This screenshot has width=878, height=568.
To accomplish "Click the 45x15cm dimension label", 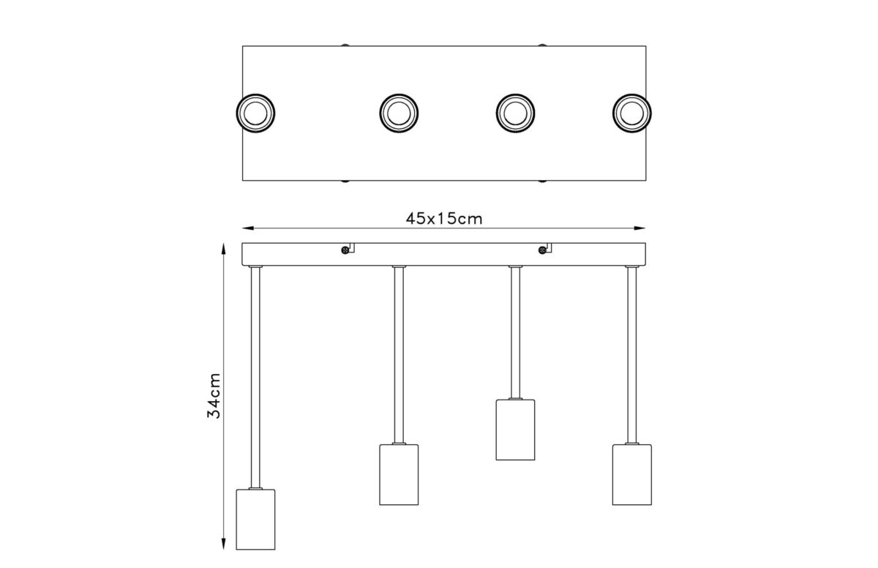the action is point(443,219).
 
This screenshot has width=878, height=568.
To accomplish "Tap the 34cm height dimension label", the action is point(214,395).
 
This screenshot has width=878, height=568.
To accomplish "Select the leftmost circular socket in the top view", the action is point(255,113).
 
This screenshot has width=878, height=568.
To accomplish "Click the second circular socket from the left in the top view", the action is point(399,113).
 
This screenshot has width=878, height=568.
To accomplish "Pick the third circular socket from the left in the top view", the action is point(515,113).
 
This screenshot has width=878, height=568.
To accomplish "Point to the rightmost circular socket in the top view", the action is point(632,113).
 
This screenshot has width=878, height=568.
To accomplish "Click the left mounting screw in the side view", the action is point(345,250).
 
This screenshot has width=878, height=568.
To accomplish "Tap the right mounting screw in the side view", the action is point(542,250).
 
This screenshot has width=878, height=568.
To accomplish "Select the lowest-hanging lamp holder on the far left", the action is point(255,519).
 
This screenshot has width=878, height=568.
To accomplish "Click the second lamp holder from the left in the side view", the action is point(399,474).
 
